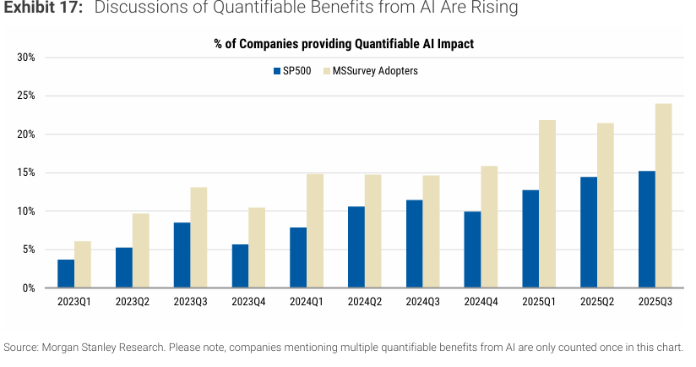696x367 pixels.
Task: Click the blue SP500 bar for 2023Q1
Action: [x=66, y=273]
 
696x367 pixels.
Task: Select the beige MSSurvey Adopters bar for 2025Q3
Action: [x=664, y=195]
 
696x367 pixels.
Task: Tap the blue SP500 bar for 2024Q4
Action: [x=473, y=249]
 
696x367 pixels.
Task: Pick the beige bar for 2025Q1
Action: [x=548, y=204]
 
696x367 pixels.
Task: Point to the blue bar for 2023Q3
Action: [x=182, y=255]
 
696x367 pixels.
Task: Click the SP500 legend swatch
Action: [x=276, y=71]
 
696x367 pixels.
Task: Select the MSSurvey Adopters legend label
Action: [x=377, y=71]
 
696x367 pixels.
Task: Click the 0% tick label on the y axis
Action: [x=27, y=288]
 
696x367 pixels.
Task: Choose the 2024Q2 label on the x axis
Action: [x=365, y=302]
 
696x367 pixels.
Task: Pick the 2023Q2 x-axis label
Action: [x=133, y=302]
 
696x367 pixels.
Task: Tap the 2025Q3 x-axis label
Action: [x=655, y=302]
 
